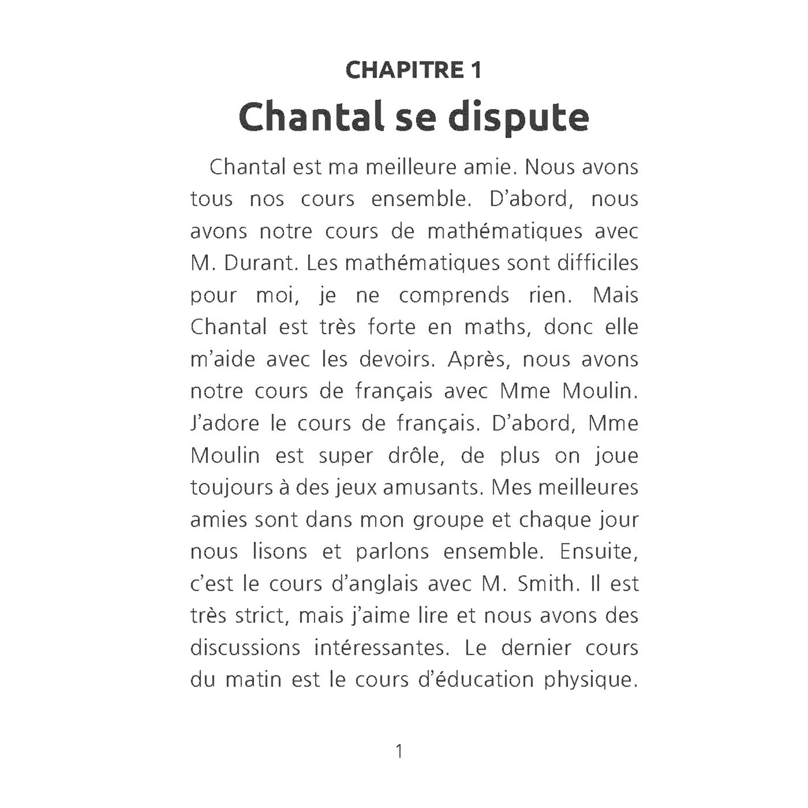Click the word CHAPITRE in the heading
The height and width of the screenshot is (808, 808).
point(404,70)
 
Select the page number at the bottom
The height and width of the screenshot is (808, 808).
point(399,750)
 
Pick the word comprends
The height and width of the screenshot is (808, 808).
point(454,296)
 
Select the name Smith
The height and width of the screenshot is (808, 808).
point(547,584)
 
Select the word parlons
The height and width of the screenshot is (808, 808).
point(392,552)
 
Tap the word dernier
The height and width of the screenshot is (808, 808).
point(536,648)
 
